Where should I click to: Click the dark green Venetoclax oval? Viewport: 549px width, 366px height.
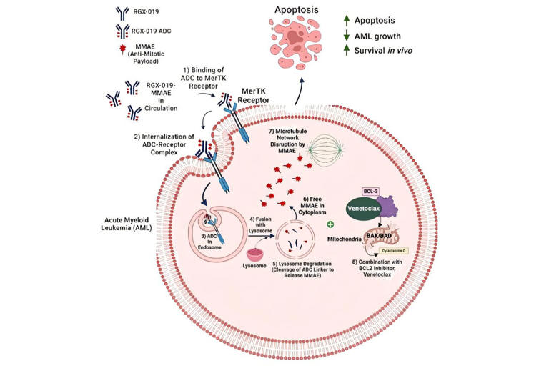tap(363, 209)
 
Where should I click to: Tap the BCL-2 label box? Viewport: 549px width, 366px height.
tap(370, 192)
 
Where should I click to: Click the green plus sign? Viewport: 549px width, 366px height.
tap(330, 224)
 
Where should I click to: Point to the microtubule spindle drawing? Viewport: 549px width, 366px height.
tap(325, 150)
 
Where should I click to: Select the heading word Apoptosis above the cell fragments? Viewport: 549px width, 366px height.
tap(296, 10)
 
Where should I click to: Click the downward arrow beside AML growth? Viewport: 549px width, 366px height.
tap(346, 36)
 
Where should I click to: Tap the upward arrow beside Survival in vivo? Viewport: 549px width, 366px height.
tap(346, 50)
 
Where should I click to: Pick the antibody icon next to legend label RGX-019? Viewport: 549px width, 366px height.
tap(122, 12)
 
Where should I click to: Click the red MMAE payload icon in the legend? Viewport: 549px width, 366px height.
tap(122, 49)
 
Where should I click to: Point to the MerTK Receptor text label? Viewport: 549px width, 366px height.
tap(254, 96)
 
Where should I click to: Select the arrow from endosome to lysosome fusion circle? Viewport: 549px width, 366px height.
tap(261, 237)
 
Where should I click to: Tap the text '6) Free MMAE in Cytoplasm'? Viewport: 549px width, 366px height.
tap(312, 206)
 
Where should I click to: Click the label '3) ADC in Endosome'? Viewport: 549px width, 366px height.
tap(209, 242)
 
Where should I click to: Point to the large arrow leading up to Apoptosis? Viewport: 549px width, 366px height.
tap(299, 91)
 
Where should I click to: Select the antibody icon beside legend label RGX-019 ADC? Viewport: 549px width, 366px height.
tap(122, 31)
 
